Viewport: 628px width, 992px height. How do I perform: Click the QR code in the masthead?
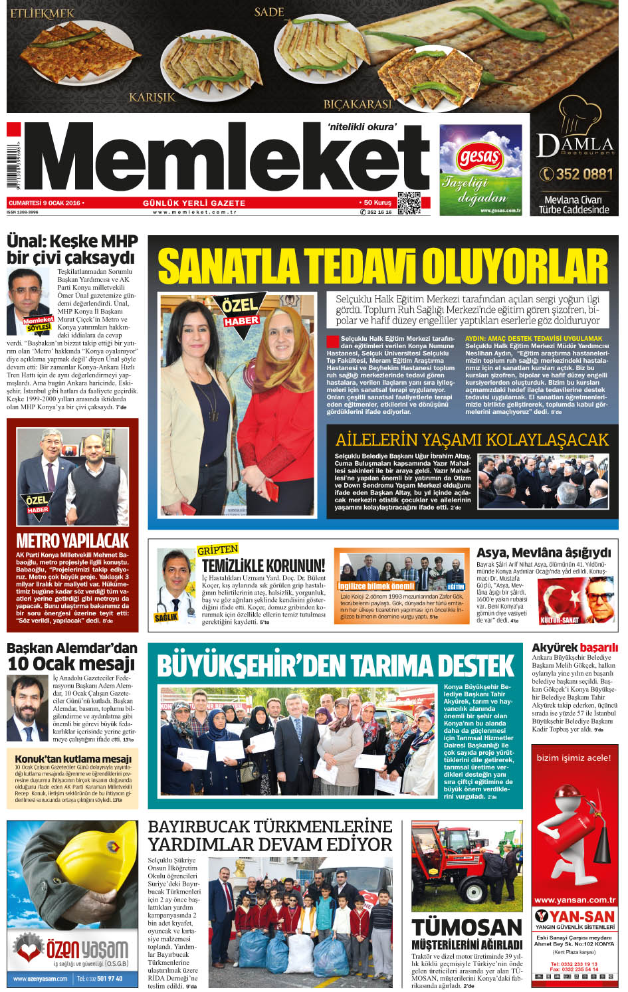click(x=409, y=203)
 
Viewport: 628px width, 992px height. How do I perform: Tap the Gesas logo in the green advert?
click(x=478, y=157)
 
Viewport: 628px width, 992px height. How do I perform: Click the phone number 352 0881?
click(x=576, y=174)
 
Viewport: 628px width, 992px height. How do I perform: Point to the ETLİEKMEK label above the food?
click(x=43, y=13)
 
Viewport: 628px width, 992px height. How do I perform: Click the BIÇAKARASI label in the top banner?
click(x=358, y=104)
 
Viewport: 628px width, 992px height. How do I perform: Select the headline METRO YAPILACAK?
click(x=72, y=540)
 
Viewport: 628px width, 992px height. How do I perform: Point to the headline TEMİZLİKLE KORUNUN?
click(x=263, y=565)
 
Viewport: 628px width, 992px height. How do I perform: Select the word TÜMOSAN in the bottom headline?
click(x=467, y=928)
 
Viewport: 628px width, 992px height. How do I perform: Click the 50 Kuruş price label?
click(x=376, y=202)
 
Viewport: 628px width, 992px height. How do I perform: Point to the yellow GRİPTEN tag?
click(x=218, y=549)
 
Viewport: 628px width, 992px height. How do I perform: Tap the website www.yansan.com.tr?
click(x=575, y=900)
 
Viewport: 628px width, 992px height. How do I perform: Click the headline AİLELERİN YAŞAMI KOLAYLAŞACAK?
click(x=472, y=440)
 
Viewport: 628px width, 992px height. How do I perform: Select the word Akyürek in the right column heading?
click(x=554, y=647)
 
